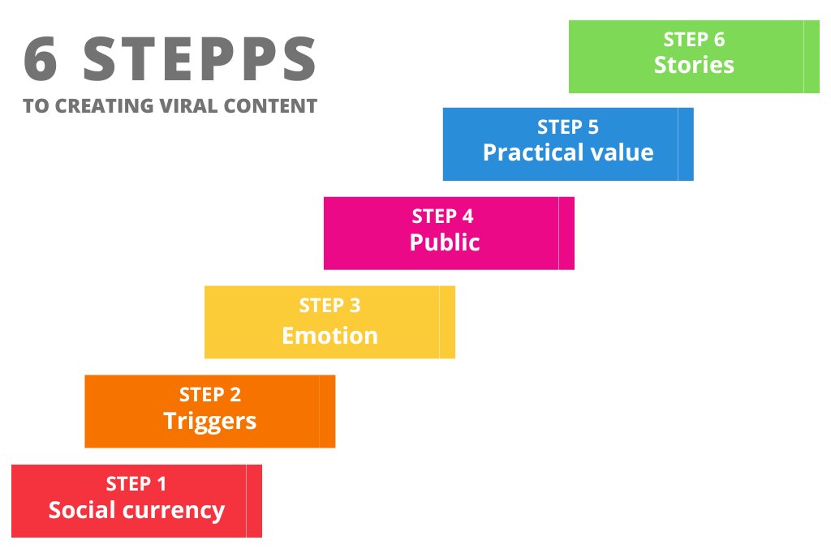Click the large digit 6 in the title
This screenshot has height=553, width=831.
[x=41, y=60]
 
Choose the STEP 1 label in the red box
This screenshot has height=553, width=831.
[x=136, y=484]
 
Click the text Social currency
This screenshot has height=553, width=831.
[x=136, y=510]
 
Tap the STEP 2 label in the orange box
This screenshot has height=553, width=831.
[x=209, y=395]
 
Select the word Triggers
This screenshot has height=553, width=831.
[x=209, y=421]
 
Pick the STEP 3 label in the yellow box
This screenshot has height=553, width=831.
[x=329, y=306]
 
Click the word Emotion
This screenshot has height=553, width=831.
[x=329, y=335]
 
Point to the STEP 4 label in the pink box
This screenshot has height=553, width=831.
[x=442, y=216]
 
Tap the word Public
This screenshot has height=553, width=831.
[x=445, y=242]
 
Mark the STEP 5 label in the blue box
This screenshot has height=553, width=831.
[x=568, y=127]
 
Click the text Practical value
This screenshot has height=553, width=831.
[x=568, y=152]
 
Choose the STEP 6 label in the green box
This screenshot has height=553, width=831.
[x=694, y=39]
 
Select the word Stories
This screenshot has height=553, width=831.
[x=694, y=65]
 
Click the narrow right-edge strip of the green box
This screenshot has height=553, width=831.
[x=812, y=57]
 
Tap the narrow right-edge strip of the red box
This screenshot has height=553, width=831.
[x=254, y=500]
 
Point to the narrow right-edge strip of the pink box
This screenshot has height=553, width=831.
[x=566, y=233]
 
